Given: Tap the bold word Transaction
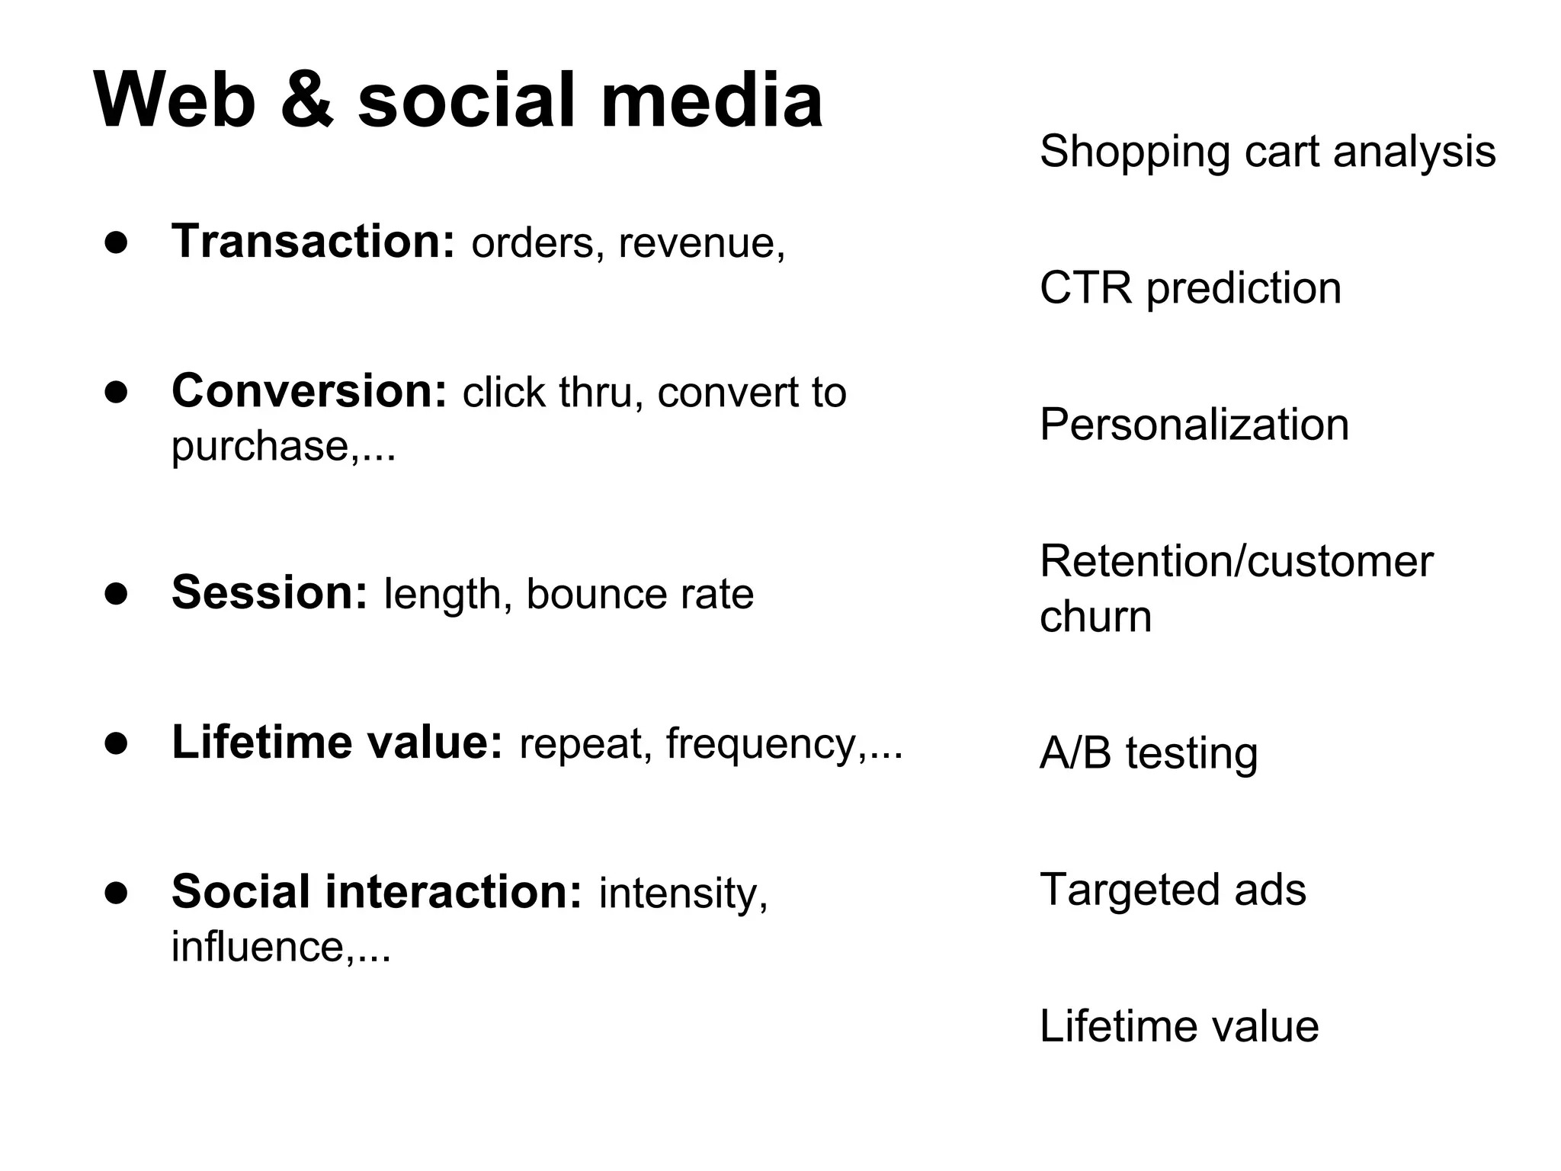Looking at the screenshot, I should pyautogui.click(x=313, y=242).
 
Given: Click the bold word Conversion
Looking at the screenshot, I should pyautogui.click(x=309, y=391).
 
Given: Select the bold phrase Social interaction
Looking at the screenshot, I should pyautogui.click(x=377, y=891).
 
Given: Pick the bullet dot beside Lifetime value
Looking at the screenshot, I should pyautogui.click(x=116, y=743).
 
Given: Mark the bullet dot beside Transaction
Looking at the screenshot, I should pyautogui.click(x=116, y=242).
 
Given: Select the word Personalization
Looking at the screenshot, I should pyautogui.click(x=1194, y=425).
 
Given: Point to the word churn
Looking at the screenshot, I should pyautogui.click(x=1095, y=617).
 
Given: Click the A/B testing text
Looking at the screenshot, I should pyautogui.click(x=1148, y=754).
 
